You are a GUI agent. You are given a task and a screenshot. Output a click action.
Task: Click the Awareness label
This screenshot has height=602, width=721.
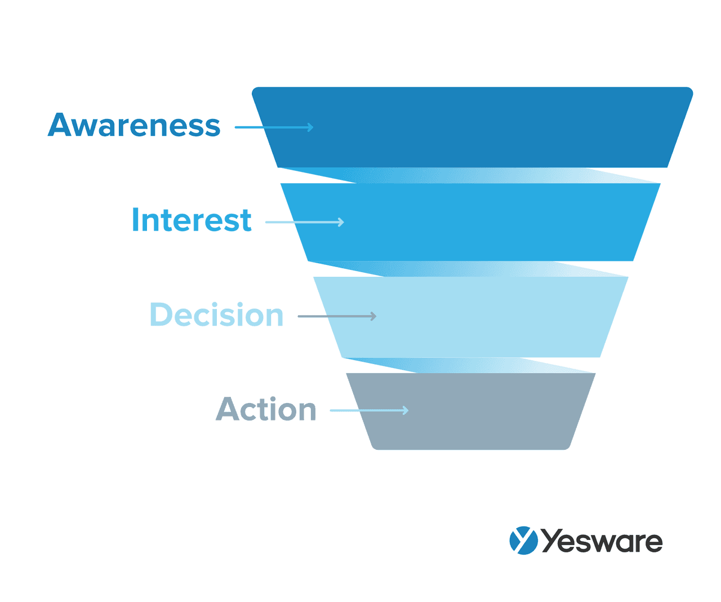pyautogui.click(x=134, y=125)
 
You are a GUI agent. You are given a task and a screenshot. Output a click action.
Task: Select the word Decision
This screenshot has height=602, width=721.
pyautogui.click(x=216, y=314)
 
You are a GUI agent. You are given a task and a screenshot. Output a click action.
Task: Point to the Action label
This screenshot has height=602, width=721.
pyautogui.click(x=265, y=409)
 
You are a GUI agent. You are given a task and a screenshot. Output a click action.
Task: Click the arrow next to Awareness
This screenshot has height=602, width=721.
pyautogui.click(x=274, y=127)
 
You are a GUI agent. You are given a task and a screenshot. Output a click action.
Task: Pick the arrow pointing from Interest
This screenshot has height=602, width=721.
pyautogui.click(x=305, y=222)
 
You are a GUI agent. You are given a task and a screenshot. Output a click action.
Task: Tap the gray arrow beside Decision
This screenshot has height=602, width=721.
pyautogui.click(x=337, y=316)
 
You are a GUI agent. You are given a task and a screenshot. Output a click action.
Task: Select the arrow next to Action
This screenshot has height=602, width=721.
pyautogui.click(x=369, y=410)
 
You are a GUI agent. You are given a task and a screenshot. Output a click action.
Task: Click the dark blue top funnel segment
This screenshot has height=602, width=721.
pyautogui.click(x=473, y=127)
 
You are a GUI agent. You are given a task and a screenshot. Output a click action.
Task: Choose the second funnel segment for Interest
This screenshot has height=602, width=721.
pyautogui.click(x=470, y=222)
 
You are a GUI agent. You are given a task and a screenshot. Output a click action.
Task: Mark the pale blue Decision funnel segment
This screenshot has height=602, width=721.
pyautogui.click(x=471, y=317)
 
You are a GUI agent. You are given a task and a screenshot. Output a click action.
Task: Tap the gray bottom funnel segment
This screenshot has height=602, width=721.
pyautogui.click(x=471, y=411)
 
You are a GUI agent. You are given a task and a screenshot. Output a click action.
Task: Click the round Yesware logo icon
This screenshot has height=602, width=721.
pyautogui.click(x=523, y=541)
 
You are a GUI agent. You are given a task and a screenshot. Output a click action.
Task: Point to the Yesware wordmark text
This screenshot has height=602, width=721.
pyautogui.click(x=602, y=541)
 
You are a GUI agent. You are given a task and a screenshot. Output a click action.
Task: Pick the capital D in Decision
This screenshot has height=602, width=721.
pyautogui.click(x=161, y=314)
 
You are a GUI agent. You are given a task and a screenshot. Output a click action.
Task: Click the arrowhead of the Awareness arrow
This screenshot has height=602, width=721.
pyautogui.click(x=311, y=127)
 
